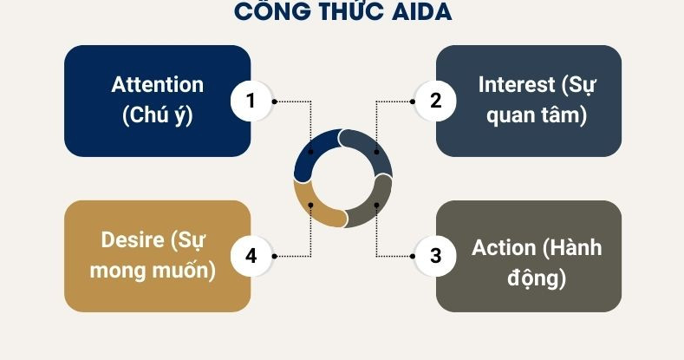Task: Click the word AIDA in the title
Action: [421, 11]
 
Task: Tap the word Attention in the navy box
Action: [158, 85]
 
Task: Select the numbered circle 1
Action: [251, 101]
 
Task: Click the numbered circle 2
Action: [435, 101]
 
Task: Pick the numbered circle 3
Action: [435, 256]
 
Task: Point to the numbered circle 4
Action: [251, 256]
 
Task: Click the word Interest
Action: [516, 85]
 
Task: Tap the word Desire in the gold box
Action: [133, 240]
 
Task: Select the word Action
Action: [504, 248]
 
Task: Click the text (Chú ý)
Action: [158, 115]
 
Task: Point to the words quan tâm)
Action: [537, 115]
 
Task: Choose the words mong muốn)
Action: [153, 271]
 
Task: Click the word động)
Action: [537, 278]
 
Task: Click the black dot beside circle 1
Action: [275, 101]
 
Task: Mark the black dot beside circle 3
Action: [413, 256]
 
